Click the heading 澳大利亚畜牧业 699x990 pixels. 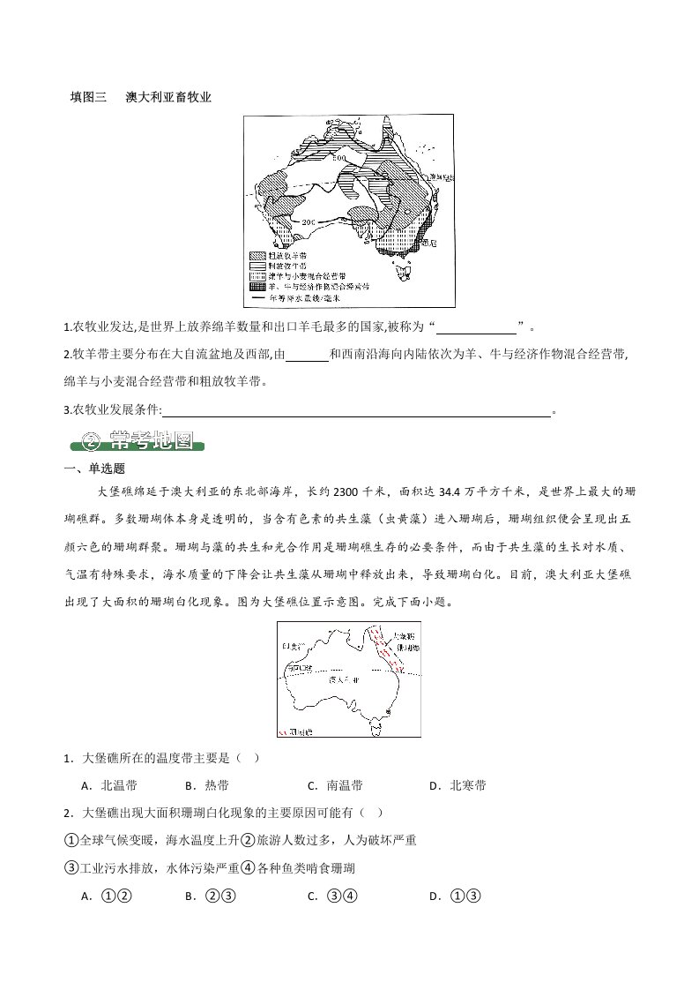[x=168, y=96]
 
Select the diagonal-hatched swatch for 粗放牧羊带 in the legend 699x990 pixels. [x=260, y=254]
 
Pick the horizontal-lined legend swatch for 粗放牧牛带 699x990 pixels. [x=260, y=265]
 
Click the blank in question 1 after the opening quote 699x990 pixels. [x=477, y=329]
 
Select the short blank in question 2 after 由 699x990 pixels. [x=308, y=355]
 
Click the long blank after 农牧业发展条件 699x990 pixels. [x=357, y=409]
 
